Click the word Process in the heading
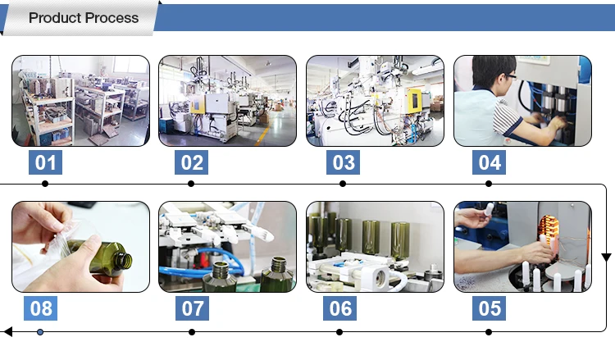(112, 18)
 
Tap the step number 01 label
(45, 162)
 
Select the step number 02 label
(191, 162)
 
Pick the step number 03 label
(344, 162)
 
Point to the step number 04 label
(489, 162)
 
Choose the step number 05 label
(489, 308)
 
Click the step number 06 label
(340, 308)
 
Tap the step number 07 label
(192, 308)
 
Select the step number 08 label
(40, 308)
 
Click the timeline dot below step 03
(343, 184)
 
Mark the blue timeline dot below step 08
(40, 332)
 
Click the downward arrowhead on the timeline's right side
(606, 257)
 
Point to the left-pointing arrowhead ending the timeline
(8, 332)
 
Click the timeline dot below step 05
(489, 332)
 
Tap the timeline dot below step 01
(45, 184)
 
